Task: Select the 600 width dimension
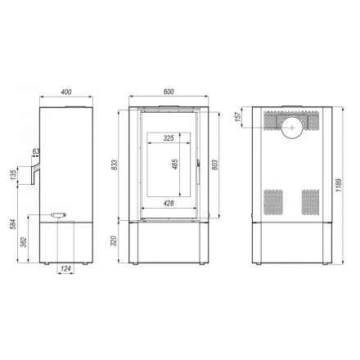click(169, 91)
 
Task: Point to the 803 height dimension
click(215, 164)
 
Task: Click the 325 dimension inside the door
click(169, 138)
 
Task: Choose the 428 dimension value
click(169, 201)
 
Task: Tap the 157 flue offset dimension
click(239, 117)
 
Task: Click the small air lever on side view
click(59, 215)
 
